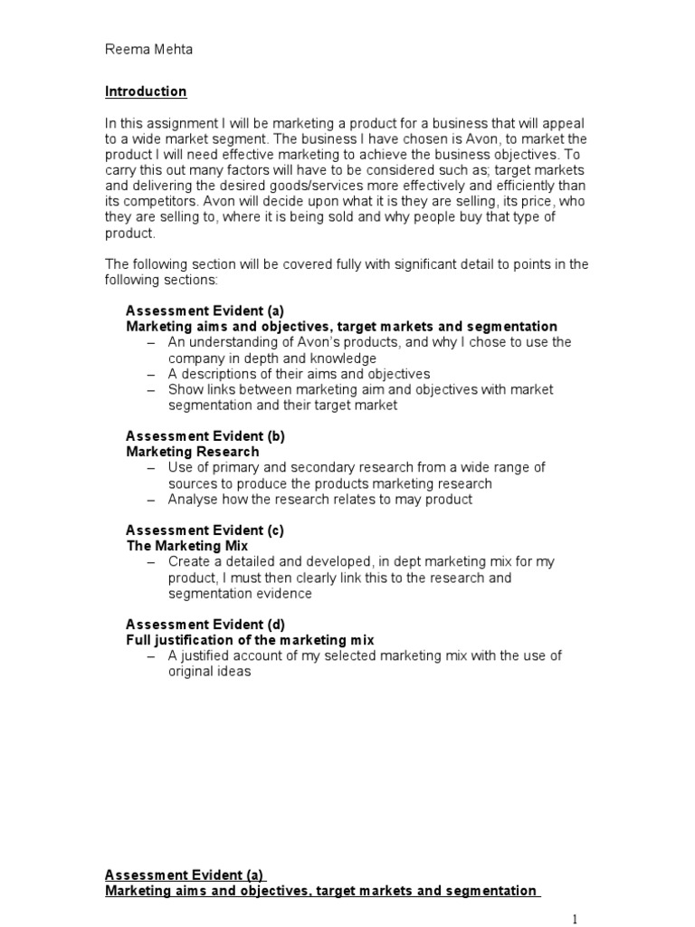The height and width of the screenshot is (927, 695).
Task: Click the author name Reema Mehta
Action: click(x=148, y=51)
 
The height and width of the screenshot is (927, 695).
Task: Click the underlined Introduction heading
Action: click(x=146, y=91)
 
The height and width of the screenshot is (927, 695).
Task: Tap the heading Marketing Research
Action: click(x=192, y=451)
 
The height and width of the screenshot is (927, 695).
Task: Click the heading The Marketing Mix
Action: click(x=186, y=546)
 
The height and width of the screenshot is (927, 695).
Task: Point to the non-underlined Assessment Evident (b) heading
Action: click(x=205, y=435)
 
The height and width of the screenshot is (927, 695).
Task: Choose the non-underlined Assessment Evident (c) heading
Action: click(x=205, y=530)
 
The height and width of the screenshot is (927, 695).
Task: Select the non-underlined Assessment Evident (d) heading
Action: click(x=205, y=624)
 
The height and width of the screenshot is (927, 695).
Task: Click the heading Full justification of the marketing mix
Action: click(x=249, y=640)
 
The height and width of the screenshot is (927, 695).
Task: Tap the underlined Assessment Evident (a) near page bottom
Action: click(x=184, y=874)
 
